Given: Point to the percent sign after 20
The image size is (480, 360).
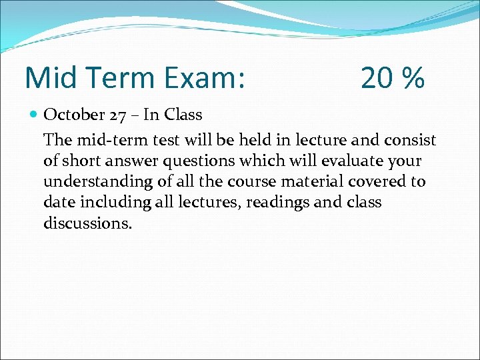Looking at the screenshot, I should (413, 79).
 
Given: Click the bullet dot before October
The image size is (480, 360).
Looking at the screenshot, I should (34, 115).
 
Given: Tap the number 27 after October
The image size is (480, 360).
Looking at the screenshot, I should (118, 115).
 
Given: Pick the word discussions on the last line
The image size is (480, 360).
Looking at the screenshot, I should (87, 223).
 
